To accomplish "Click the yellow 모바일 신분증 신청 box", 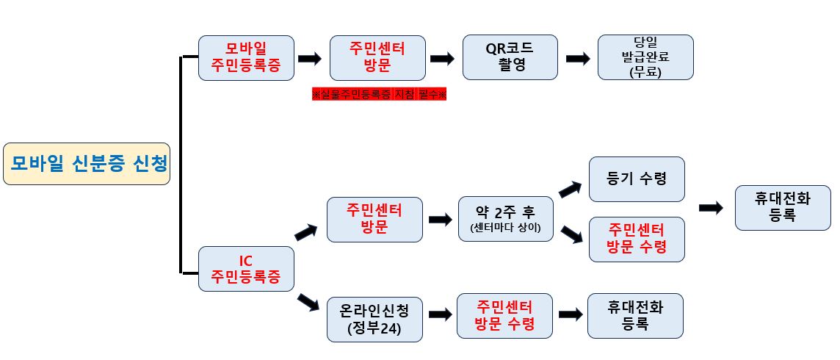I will tap(87, 163).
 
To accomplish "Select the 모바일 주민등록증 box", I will tap(247, 57).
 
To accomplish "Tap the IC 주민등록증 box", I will tap(247, 270).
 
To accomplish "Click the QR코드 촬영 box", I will tap(510, 57).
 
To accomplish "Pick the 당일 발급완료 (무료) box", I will tap(645, 57).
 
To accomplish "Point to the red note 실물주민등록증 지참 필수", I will tap(380, 95).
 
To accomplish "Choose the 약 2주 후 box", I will tap(505, 219).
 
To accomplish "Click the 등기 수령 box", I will tap(637, 179).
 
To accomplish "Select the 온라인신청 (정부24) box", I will tap(374, 319).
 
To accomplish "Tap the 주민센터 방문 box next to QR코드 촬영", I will tap(377, 57).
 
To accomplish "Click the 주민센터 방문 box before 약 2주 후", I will tap(374, 219).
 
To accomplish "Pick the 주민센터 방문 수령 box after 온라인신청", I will tap(504, 315).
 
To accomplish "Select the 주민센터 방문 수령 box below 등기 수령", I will tap(637, 239).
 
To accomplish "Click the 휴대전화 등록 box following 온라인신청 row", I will tap(635, 315).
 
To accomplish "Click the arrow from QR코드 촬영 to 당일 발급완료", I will tap(578, 59).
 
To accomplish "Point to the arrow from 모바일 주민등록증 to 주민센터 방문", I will tap(310, 59).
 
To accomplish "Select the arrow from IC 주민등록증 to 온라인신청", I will tap(308, 303).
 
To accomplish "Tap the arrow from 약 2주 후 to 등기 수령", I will tap(570, 190).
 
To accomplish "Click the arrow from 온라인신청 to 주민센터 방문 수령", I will tap(440, 314).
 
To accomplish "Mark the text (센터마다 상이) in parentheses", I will tap(505, 228).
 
